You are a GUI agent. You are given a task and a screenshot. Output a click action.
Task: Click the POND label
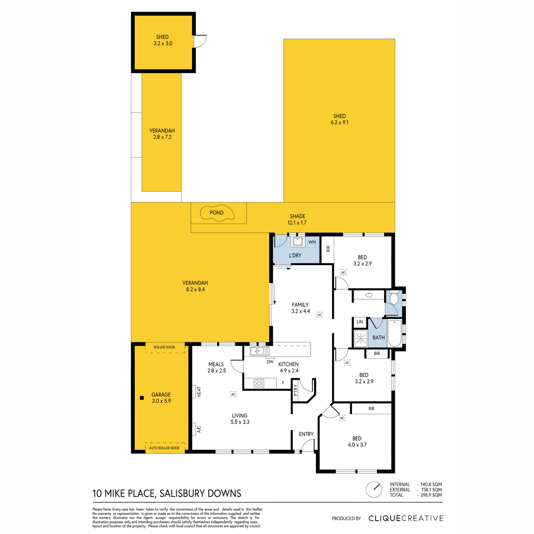tap(216, 213)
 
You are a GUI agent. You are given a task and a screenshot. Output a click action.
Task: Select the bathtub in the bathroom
tap(394, 333)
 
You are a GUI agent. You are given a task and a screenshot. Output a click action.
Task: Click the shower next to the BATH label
tap(361, 338)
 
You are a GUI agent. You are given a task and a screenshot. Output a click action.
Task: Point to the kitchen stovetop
tap(259, 384)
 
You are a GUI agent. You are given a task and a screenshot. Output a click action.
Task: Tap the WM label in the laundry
tap(312, 242)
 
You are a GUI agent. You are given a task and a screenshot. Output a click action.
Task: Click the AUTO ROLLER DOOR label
tap(164, 448)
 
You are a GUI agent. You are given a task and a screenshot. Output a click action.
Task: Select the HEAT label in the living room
tap(199, 392)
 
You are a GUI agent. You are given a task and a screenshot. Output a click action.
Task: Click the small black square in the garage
tap(142, 398)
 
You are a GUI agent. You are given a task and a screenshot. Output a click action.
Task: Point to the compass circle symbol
tap(374, 489)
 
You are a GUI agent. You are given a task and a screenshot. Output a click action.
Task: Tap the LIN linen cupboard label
tap(360, 322)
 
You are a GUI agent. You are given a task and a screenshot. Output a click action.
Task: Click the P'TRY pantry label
tap(295, 390)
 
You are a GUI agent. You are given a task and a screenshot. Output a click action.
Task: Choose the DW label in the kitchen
tap(270, 362)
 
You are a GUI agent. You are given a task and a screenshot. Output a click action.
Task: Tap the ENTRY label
tap(306, 434)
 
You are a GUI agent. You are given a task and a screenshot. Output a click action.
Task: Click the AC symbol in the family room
tap(320, 315)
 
